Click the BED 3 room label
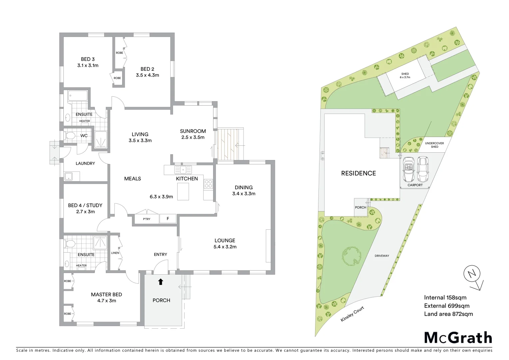pyautogui.click(x=88, y=59)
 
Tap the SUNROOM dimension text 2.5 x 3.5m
pyautogui.click(x=193, y=137)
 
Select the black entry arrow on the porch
pyautogui.click(x=161, y=282)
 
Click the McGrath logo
pyautogui.click(x=458, y=338)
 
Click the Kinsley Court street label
pyautogui.click(x=352, y=314)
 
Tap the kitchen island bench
pyautogui.click(x=183, y=192)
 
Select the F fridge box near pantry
pyautogui.click(x=168, y=219)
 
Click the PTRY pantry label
pyautogui.click(x=147, y=219)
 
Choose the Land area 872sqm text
pyautogui.click(x=448, y=314)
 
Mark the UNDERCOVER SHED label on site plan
pyautogui.click(x=434, y=145)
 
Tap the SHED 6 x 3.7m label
pyautogui.click(x=405, y=76)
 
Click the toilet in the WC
pyautogui.click(x=70, y=136)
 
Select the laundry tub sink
pyautogui.click(x=69, y=176)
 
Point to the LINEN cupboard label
pyautogui.click(x=115, y=253)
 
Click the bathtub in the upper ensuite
pyautogui.click(x=78, y=96)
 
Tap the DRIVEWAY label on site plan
pyautogui.click(x=382, y=256)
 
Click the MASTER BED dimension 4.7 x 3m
pyautogui.click(x=107, y=301)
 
